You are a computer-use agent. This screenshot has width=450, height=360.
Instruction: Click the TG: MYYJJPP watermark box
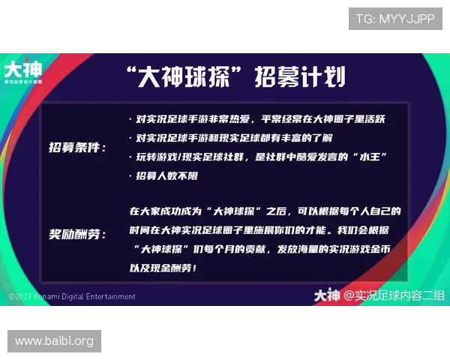pos(394,18)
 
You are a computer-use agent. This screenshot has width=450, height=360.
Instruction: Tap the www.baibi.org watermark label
pos(54,341)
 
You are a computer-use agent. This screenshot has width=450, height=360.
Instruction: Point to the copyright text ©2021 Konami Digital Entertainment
pos(72,296)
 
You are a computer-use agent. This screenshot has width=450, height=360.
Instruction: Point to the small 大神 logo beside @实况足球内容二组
pos(327,295)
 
